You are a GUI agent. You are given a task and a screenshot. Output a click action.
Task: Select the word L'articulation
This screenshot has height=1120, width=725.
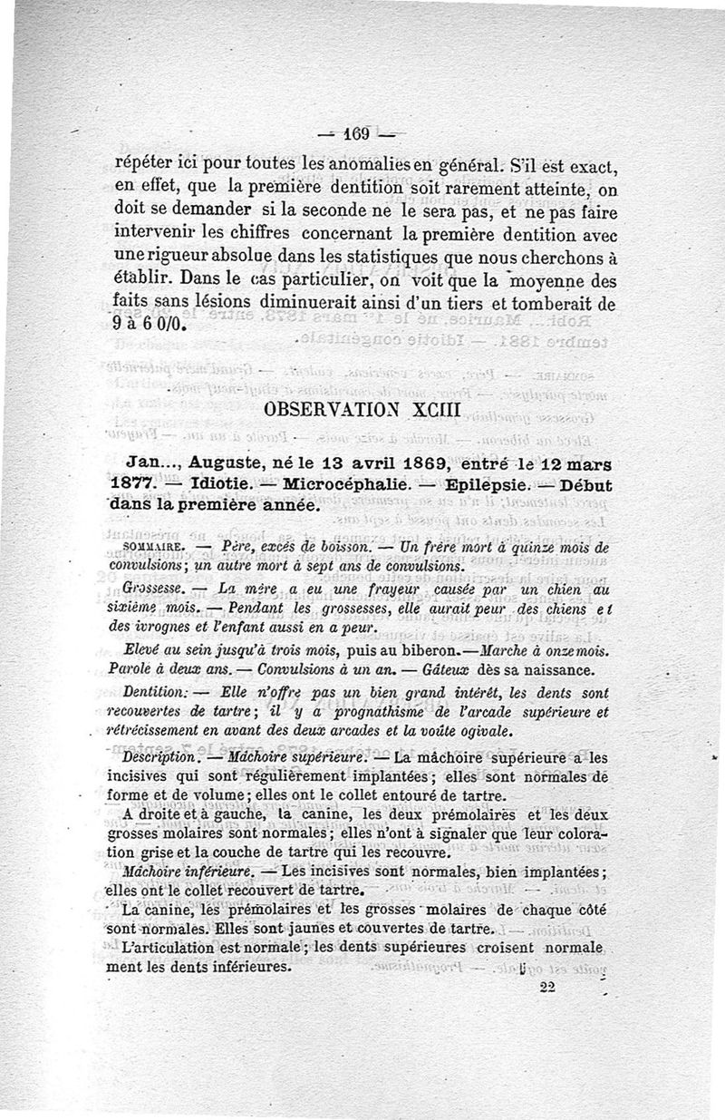[172, 947]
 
